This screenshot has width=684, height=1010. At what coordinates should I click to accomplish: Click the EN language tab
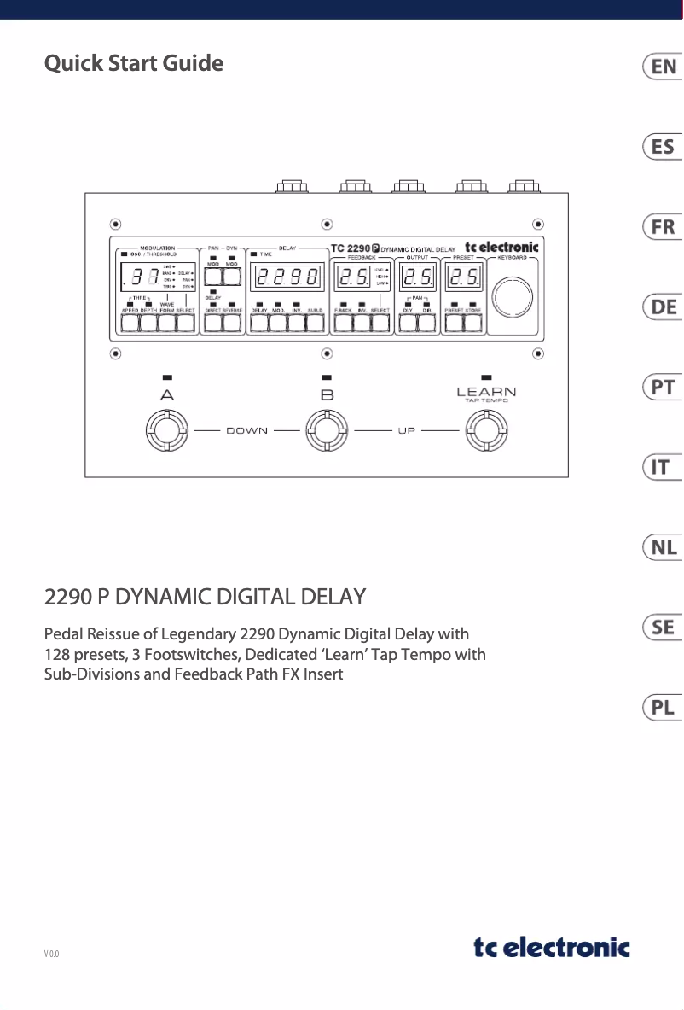coord(664,67)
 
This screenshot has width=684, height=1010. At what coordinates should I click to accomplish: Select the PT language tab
coord(664,388)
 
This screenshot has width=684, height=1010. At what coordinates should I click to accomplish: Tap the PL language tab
coord(664,708)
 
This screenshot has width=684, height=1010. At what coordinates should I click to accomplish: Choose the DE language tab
coord(664,307)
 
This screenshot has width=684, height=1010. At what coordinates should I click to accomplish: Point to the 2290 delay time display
coord(287,277)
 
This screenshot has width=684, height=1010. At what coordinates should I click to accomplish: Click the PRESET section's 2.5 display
coord(465,277)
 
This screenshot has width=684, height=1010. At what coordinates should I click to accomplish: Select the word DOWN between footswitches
coord(246,430)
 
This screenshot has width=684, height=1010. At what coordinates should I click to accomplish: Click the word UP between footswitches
coord(407,430)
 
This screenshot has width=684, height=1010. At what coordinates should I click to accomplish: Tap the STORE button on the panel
coord(473,324)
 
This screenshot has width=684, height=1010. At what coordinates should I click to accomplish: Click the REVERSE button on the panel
coord(232,324)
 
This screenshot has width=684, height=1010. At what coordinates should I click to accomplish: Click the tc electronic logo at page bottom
coord(552,948)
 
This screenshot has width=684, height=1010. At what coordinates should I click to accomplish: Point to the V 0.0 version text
coord(52,953)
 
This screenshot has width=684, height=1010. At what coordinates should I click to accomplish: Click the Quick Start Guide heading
coord(134,64)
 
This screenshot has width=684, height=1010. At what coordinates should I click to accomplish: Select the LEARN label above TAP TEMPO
coord(486,392)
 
